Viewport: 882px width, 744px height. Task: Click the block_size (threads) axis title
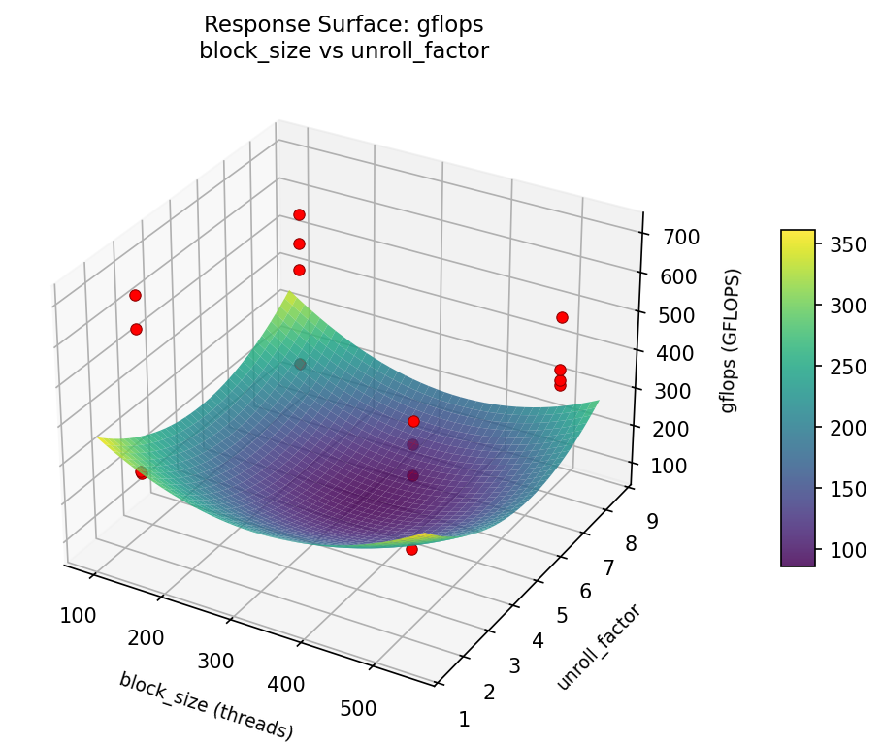(x=206, y=706)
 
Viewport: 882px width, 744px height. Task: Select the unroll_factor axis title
(x=599, y=647)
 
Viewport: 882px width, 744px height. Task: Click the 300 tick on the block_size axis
(x=215, y=661)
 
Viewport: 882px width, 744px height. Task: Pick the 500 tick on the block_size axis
(x=359, y=709)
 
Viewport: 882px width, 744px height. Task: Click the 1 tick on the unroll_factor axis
(x=464, y=719)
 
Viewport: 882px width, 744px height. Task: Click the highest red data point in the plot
(x=299, y=214)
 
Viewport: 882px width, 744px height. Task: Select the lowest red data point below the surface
(x=411, y=549)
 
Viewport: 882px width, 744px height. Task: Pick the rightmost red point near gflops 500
(x=562, y=317)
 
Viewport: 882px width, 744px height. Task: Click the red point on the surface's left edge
(x=142, y=473)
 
